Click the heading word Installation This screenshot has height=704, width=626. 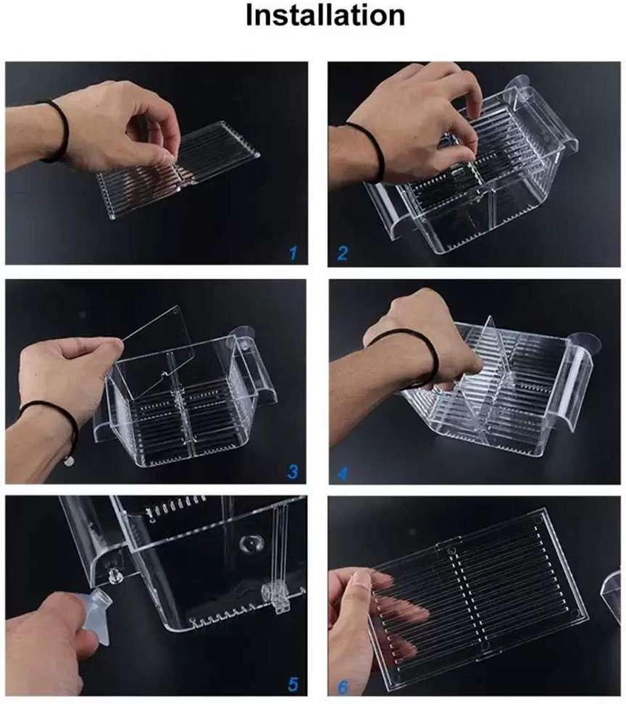tap(325, 16)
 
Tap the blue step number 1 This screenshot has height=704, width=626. tap(293, 253)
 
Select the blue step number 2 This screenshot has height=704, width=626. tap(342, 253)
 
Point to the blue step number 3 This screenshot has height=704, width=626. tap(293, 472)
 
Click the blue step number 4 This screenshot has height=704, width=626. tap(342, 473)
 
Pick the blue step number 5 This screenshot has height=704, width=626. tap(293, 684)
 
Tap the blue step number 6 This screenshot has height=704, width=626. tap(343, 687)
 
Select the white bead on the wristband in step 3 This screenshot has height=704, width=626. tap(68, 461)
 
